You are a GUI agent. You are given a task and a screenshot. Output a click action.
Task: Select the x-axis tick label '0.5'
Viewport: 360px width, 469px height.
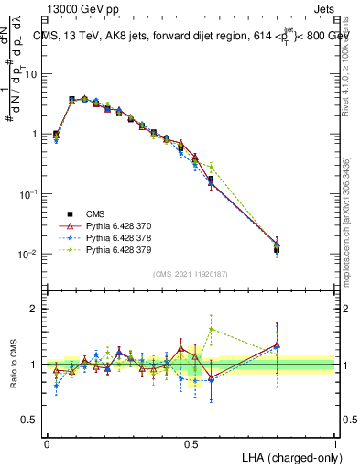tap(191, 443)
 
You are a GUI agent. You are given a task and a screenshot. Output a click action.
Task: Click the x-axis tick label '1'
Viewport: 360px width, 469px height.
tap(335, 443)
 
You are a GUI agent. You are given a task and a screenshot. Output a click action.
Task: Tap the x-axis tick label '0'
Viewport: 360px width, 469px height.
tap(48, 443)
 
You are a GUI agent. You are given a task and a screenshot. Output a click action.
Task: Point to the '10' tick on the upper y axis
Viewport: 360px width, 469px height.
tap(30, 74)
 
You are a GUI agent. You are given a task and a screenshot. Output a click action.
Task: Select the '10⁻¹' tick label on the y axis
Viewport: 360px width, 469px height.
tap(28, 194)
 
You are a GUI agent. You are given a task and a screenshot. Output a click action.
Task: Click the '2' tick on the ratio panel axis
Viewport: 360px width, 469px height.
tap(35, 309)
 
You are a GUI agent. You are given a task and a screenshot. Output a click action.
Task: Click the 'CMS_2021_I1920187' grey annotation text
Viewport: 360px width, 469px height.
tap(189, 274)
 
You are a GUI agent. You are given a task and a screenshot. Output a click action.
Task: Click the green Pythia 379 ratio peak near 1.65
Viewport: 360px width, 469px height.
tap(212, 328)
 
